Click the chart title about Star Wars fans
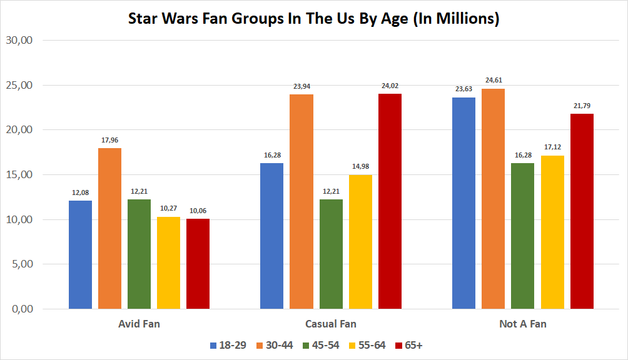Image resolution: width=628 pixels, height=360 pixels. [313, 19]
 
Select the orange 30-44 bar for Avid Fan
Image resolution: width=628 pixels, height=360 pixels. [110, 228]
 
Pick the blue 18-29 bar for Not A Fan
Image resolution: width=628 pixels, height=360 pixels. [463, 203]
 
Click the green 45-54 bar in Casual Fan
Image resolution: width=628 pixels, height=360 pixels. [331, 254]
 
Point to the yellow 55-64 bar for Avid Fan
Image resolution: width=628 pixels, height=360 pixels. [169, 262]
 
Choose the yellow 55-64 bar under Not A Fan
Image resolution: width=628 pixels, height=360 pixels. [552, 232]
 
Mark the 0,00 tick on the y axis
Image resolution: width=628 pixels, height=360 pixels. [21, 309]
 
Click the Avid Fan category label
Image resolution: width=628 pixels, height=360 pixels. [139, 324]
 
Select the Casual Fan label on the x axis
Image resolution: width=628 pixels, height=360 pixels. [331, 324]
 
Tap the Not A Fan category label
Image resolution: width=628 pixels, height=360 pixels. [523, 324]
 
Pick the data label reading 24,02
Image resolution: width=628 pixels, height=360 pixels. [390, 86]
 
